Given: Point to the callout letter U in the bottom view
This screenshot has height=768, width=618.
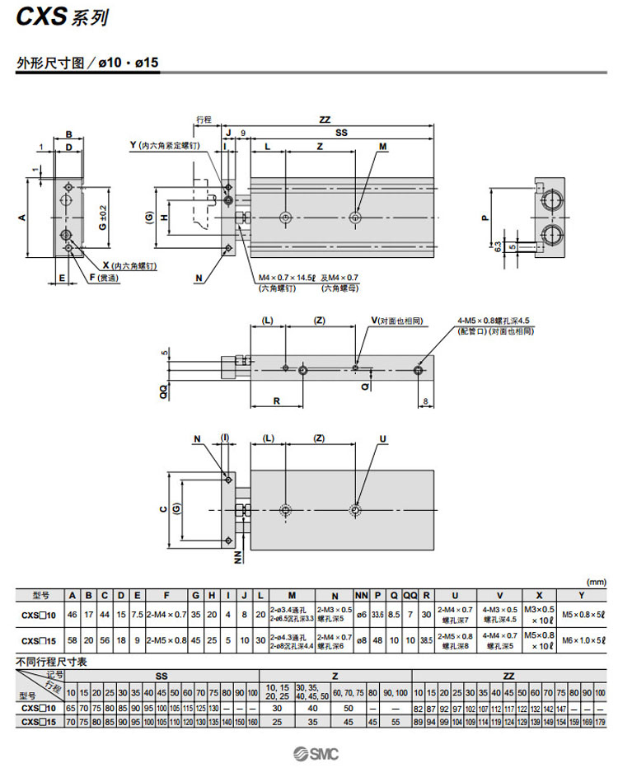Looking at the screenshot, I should tap(382, 439).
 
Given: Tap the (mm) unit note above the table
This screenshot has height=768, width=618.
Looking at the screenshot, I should tap(595, 582).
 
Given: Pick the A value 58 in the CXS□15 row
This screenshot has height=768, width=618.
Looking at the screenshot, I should tap(73, 639).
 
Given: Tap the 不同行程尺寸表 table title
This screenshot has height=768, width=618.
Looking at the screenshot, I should tap(52, 661).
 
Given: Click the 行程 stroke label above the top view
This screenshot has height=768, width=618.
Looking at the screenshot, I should tap(204, 119).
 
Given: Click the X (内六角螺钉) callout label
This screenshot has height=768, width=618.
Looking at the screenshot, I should tap(129, 265).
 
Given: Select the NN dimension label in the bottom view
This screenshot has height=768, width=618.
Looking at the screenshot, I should tap(237, 559).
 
